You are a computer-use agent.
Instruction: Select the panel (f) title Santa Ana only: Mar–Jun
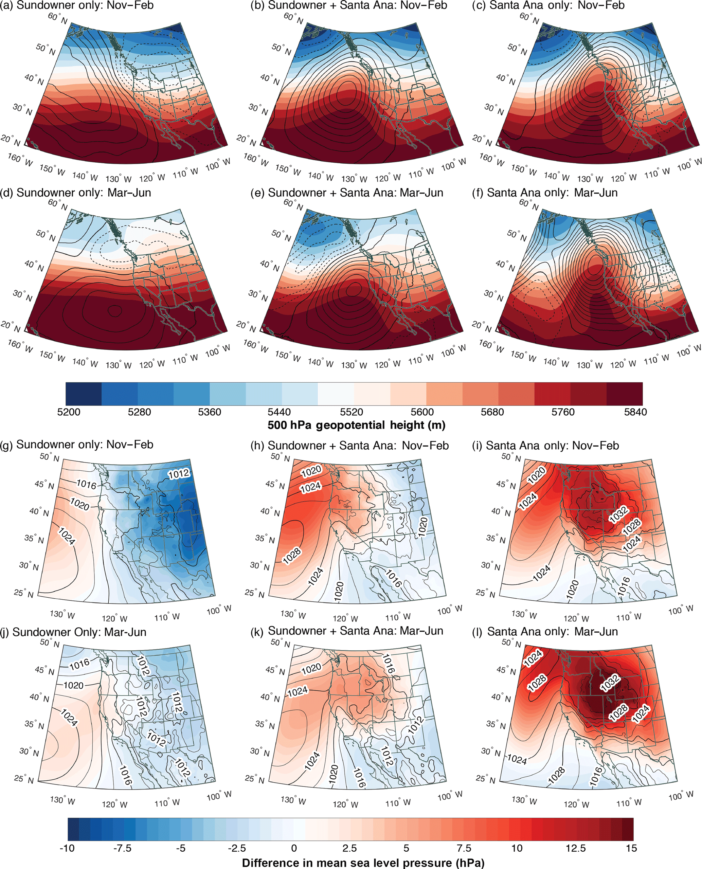pos(545,193)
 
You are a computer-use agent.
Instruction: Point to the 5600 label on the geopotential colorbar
pos(422,412)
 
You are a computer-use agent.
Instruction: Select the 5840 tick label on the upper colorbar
pos(635,412)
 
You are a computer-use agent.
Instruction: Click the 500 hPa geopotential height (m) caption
pos(356,425)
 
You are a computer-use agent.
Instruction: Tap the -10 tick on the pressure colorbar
pos(67,848)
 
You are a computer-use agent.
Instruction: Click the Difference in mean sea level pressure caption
pos(363,863)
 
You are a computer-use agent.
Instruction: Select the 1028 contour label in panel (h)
pos(291,556)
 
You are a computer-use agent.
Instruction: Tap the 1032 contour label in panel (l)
pos(610,683)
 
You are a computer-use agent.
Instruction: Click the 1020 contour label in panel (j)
pos(74,685)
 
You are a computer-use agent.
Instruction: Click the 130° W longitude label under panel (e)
pos(354,365)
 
